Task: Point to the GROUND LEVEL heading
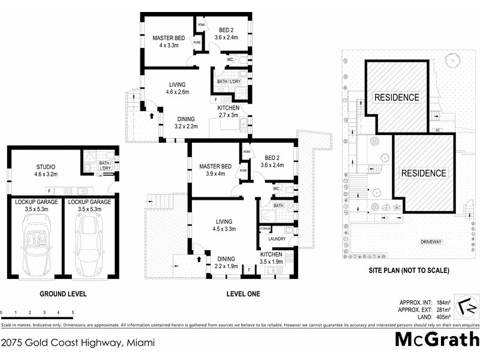(x=63, y=295)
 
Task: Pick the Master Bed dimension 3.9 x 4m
(x=214, y=174)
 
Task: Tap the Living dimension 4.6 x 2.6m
(x=177, y=92)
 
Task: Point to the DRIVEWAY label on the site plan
(x=431, y=242)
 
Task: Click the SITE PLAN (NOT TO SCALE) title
(x=409, y=271)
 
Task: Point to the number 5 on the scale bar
(x=73, y=313)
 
